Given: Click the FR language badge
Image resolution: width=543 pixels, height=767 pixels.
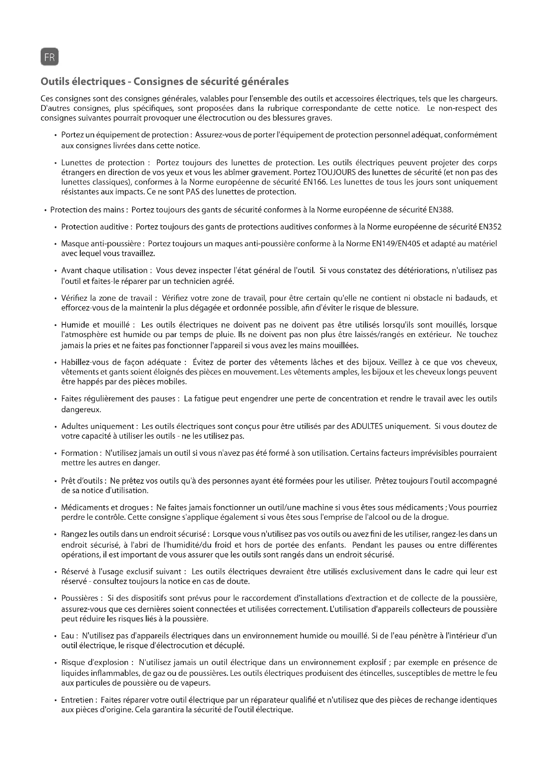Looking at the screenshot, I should coord(50,57).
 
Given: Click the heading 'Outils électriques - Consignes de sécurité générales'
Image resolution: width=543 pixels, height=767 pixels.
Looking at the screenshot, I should coord(164,82).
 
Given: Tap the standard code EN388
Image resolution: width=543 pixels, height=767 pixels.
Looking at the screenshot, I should coord(440,210).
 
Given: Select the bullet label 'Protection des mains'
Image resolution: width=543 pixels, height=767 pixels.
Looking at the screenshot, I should coord(87,210).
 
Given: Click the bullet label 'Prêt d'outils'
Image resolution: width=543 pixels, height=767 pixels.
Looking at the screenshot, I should coord(82,481).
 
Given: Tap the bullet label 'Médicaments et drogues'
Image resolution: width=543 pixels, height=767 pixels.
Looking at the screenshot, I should coord(105,507).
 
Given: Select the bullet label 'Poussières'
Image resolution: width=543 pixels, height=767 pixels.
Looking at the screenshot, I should coord(79,598).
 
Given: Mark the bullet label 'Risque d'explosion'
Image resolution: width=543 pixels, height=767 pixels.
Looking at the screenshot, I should coord(95,662).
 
